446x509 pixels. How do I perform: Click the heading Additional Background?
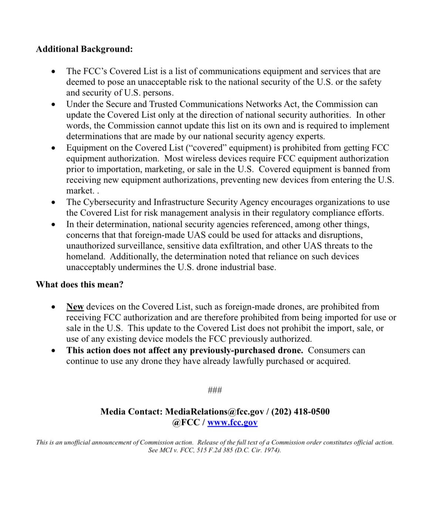point(84,49)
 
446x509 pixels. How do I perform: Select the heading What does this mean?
point(80,285)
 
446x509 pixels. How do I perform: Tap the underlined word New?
point(75,307)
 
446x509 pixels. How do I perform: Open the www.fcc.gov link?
point(232,423)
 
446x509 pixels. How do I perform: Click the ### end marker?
point(215,390)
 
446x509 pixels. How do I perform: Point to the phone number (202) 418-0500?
point(300,412)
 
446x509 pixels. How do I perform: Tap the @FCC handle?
point(186,423)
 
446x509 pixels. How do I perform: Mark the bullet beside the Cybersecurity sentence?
point(54,203)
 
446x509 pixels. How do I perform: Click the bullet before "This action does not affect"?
point(54,351)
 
